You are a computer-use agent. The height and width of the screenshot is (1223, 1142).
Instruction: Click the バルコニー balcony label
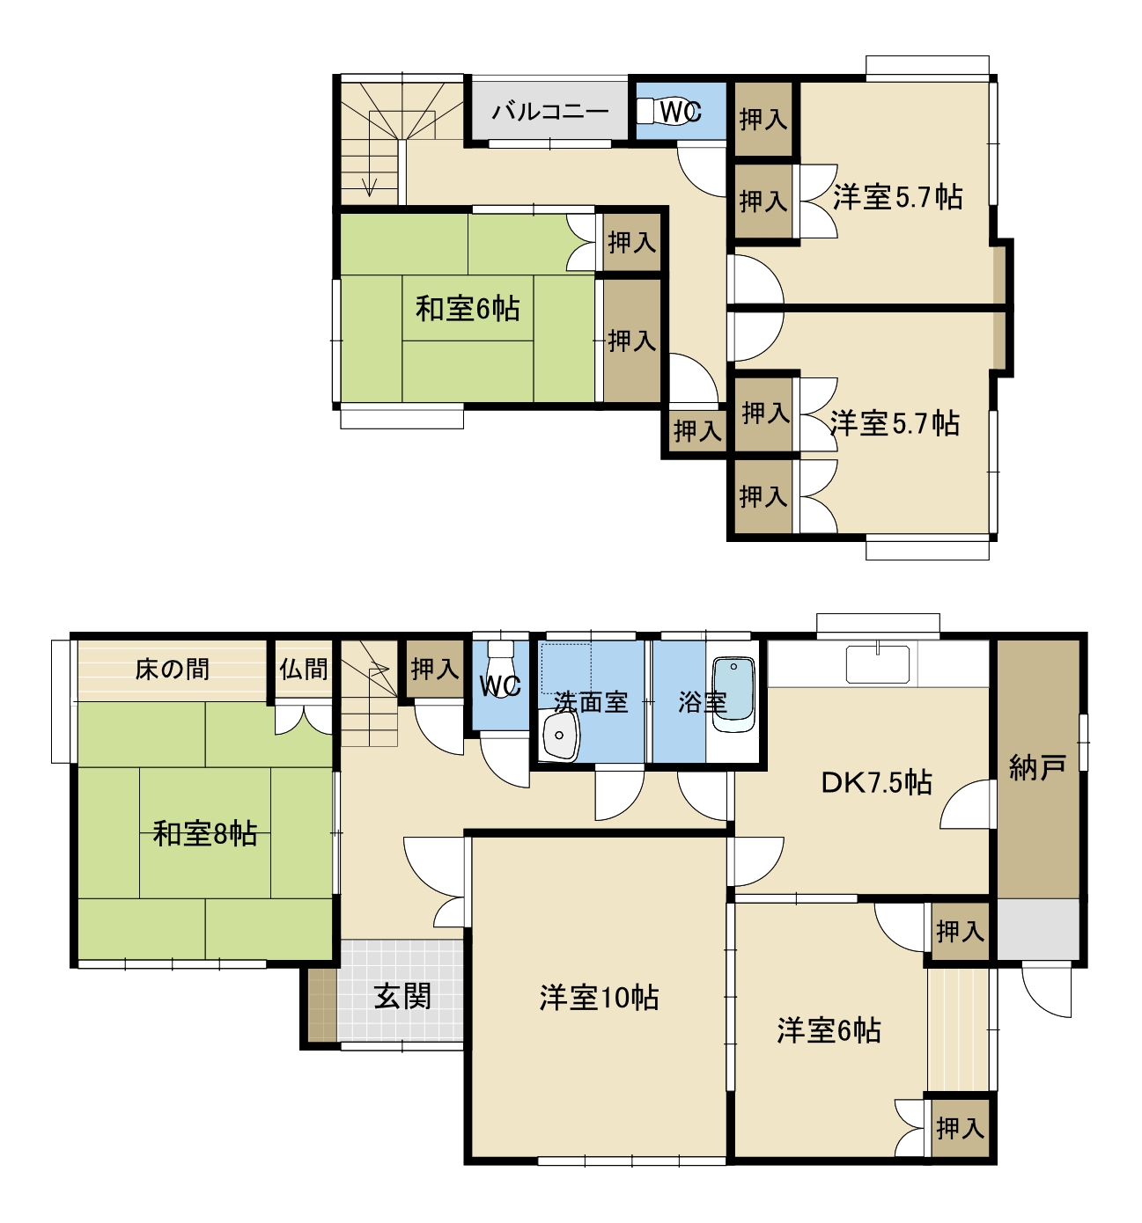coord(549,112)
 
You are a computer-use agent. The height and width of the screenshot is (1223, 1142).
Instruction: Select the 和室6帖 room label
coord(468,309)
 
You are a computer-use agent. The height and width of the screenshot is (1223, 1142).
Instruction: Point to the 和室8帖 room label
coord(204,834)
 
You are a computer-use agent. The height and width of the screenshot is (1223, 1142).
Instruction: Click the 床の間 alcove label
coord(172,669)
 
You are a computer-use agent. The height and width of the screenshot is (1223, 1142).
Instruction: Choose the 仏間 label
coord(303,669)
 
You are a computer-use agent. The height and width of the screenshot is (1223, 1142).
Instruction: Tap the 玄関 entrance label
coord(402,996)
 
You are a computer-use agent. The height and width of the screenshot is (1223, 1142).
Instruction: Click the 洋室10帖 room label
coord(599,998)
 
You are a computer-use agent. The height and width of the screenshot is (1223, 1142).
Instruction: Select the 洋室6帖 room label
coord(829,1031)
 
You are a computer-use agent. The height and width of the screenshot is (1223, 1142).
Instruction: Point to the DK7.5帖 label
coord(876,783)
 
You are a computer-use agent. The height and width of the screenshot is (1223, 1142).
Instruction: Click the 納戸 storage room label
coord(1037,767)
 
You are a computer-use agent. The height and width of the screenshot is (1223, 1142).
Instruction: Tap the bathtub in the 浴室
coord(733,694)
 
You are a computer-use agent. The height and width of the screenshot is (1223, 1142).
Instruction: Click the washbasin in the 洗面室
coord(560,736)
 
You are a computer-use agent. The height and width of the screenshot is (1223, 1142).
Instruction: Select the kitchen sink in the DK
coord(878,663)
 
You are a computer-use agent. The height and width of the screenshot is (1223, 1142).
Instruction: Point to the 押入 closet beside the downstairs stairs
coord(434,669)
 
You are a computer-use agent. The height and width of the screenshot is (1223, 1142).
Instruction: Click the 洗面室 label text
coord(591,702)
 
